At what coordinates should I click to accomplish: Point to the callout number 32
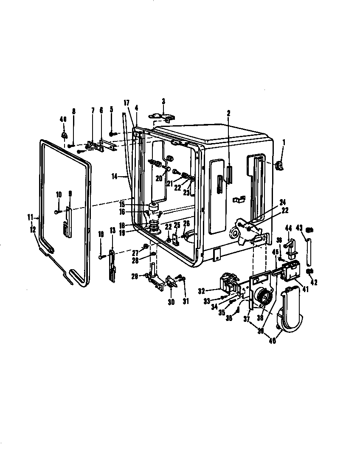(x=201, y=290)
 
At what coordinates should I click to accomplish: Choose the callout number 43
(x=300, y=228)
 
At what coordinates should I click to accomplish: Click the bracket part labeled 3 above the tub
(x=163, y=118)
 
